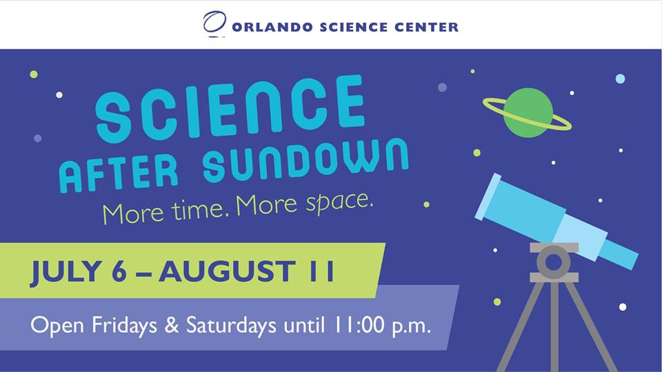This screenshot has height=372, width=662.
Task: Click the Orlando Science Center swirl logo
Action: tap(214, 23)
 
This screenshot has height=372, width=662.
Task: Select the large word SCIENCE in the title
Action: tap(230, 108)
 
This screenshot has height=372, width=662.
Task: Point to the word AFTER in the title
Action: tap(119, 173)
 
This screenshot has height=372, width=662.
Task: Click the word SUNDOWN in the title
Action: tap(305, 159)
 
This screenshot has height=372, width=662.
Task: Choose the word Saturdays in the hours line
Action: tap(231, 326)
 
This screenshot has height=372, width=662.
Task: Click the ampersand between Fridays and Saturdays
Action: tap(172, 326)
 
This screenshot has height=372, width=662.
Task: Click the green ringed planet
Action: tap(528, 113)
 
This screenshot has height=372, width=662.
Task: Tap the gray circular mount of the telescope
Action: tap(554, 262)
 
